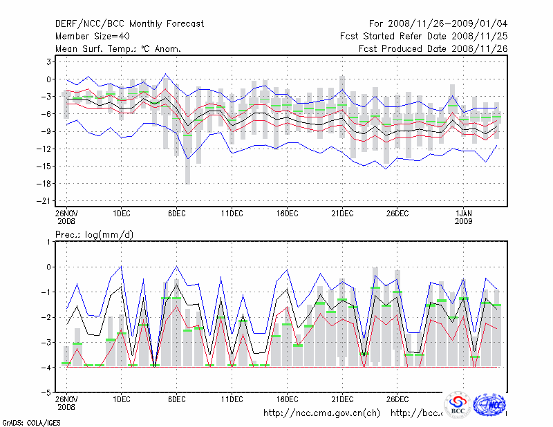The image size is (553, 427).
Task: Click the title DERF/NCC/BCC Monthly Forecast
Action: tap(129, 24)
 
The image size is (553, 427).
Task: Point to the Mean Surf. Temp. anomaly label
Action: tap(118, 48)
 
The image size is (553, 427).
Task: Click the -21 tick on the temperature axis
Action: tap(47, 201)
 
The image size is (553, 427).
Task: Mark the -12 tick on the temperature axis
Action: tap(47, 149)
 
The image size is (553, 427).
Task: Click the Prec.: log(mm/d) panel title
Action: tap(94, 235)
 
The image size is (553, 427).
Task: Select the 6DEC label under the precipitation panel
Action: tap(176, 399)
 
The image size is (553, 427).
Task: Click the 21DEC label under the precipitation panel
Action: tap(342, 399)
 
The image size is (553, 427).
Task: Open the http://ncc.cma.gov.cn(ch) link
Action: tap(322, 413)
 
